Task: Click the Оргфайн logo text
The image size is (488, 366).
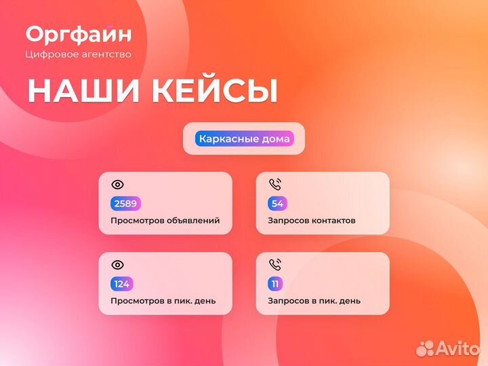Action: (x=79, y=34)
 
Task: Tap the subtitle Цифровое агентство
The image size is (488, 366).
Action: (x=78, y=54)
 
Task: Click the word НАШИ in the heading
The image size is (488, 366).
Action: (x=77, y=91)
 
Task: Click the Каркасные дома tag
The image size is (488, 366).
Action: (x=244, y=139)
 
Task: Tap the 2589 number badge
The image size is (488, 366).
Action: (x=125, y=203)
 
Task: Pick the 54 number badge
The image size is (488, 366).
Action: (x=277, y=203)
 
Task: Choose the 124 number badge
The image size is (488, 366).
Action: (x=123, y=283)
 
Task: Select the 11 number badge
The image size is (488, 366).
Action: (x=275, y=283)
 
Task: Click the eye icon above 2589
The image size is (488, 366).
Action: (x=118, y=184)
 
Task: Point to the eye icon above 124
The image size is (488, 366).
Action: (x=118, y=264)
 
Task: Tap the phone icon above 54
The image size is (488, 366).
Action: (x=275, y=184)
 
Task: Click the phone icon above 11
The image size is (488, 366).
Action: (x=275, y=264)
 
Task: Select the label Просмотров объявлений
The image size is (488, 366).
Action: (x=165, y=221)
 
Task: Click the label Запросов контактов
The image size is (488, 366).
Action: (x=312, y=221)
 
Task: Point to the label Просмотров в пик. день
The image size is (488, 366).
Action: (x=163, y=301)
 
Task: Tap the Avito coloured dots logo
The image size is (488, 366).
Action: (x=425, y=348)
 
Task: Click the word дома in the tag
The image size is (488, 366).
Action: (x=277, y=139)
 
